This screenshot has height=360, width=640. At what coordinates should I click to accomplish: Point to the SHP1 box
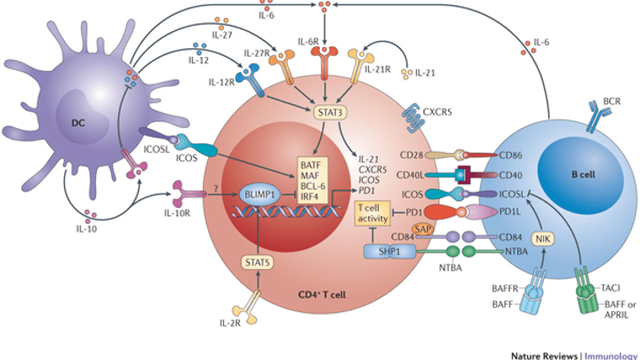(380, 252)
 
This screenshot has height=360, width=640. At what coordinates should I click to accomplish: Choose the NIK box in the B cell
(542, 237)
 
